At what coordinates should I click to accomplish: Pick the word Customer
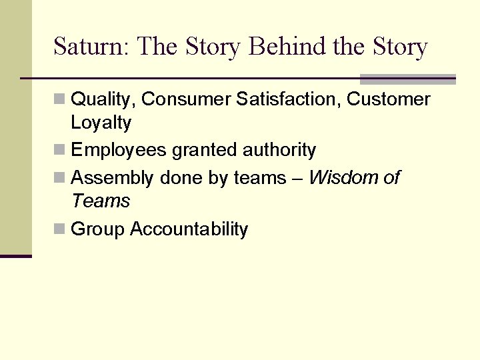point(389,99)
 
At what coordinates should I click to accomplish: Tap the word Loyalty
point(101,123)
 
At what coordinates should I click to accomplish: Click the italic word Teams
point(101,201)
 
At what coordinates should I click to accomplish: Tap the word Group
point(98,229)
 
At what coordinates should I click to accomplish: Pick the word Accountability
point(189,229)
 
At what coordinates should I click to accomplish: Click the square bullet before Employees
point(60,151)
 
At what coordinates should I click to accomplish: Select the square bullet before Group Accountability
point(60,229)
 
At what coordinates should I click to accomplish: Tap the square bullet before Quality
point(60,100)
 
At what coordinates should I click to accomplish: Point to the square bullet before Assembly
point(60,178)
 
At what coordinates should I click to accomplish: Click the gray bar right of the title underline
point(407,79)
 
